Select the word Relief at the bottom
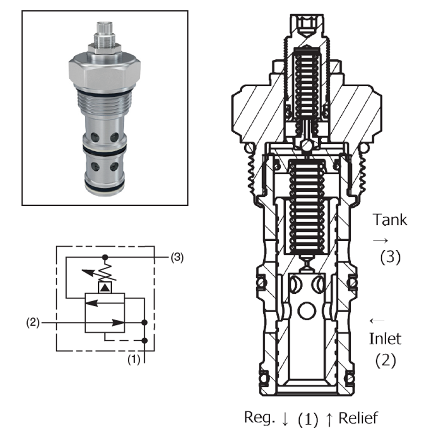click(x=358, y=418)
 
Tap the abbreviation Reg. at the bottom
click(x=260, y=418)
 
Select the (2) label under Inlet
click(x=385, y=360)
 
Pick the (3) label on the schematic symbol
click(x=177, y=258)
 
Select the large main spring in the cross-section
click(x=307, y=208)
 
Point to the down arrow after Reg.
click(x=285, y=419)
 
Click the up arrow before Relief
click(x=329, y=419)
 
